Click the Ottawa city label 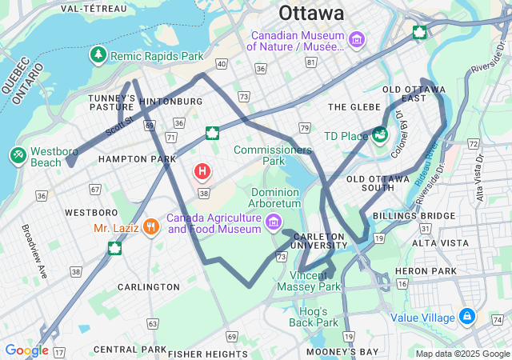(311, 14)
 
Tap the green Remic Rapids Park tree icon (98, 55)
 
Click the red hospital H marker (202, 171)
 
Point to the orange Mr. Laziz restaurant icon (150, 227)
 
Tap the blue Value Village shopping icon (466, 317)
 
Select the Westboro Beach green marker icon (17, 154)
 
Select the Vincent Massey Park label (309, 281)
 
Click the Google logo (26, 350)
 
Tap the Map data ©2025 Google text (462, 354)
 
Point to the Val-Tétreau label (93, 8)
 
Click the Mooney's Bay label (346, 352)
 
